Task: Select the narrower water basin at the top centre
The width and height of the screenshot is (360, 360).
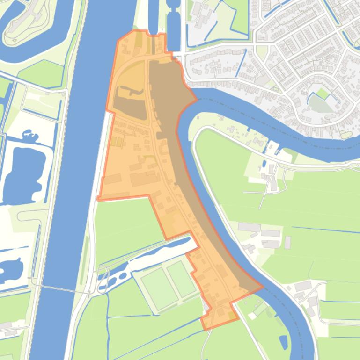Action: pyautogui.click(x=153, y=16)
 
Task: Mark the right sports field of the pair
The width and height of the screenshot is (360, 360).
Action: pyautogui.click(x=182, y=279)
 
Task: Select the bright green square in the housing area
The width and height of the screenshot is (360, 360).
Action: pyautogui.click(x=322, y=94)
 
